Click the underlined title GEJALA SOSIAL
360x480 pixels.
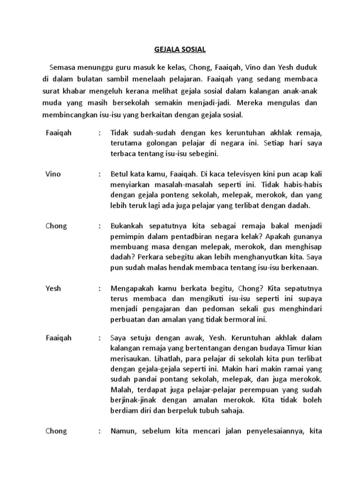point(180,49)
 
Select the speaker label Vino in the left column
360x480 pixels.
point(53,174)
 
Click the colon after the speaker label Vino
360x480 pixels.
point(100,174)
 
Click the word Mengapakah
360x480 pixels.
point(132,289)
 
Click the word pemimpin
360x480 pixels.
point(126,236)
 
